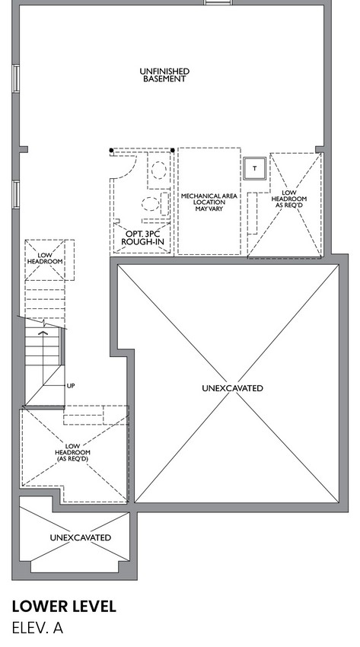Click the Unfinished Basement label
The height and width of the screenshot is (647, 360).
tap(164, 75)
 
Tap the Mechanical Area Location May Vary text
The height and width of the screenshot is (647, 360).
tap(209, 202)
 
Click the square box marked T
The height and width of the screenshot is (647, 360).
tap(254, 168)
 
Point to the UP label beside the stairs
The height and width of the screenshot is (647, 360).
tap(71, 386)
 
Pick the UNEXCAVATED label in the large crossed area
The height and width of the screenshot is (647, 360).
tap(233, 388)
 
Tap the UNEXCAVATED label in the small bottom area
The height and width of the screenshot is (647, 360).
tap(81, 537)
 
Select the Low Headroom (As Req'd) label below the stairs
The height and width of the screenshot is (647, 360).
tap(72, 452)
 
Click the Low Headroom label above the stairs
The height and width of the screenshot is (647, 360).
tap(45, 258)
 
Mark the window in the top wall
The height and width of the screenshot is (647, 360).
tap(218, 2)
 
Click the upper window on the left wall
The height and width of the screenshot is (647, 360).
tap(16, 78)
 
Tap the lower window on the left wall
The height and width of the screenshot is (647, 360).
tap(16, 194)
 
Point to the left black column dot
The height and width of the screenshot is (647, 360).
tap(111, 150)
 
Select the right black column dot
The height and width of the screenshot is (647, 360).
tap(172, 150)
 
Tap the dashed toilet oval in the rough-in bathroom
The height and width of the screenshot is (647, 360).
tap(150, 204)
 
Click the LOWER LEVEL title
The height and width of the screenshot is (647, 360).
tap(64, 606)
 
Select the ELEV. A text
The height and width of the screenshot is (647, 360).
tap(37, 628)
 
